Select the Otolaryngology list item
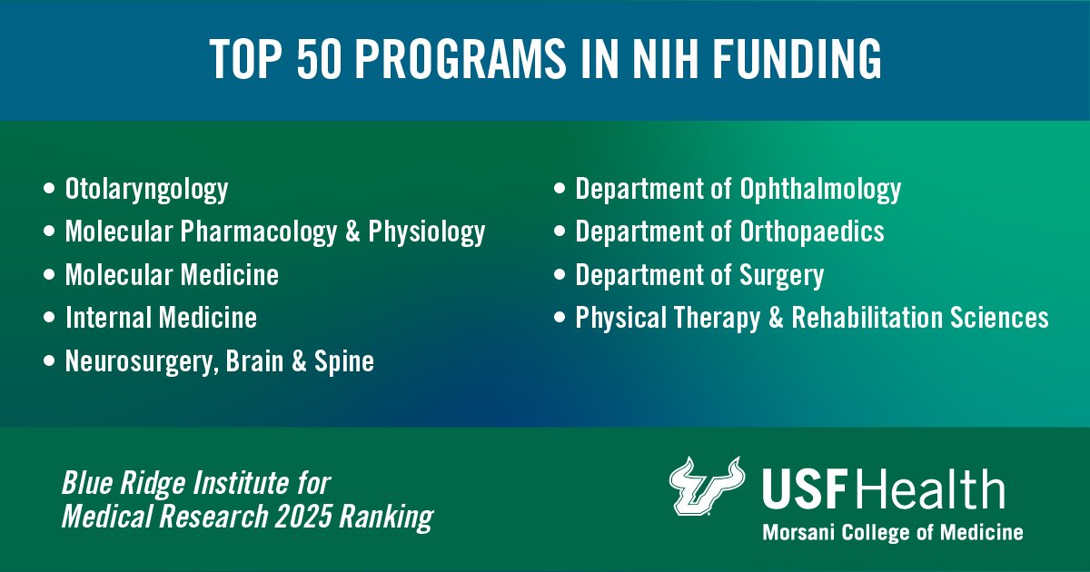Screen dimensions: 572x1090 (x=146, y=190)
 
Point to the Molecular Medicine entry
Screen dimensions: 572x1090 (x=172, y=274)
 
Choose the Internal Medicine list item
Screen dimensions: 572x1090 (x=161, y=318)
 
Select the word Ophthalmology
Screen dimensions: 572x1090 (x=820, y=190)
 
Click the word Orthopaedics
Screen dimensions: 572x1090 (x=812, y=232)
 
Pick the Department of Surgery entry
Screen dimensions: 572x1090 (x=699, y=274)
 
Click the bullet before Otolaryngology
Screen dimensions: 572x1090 (x=48, y=191)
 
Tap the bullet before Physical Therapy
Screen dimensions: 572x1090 (x=560, y=319)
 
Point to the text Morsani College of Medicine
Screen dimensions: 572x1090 (x=892, y=532)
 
